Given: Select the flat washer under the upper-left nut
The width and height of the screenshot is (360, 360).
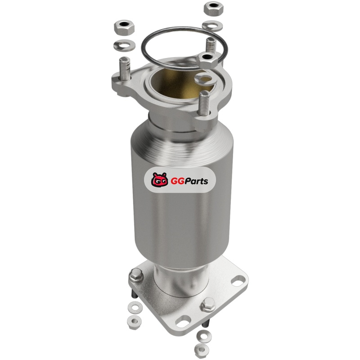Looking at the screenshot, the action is [124, 45].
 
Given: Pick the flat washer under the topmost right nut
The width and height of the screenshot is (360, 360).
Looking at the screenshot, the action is [212, 26].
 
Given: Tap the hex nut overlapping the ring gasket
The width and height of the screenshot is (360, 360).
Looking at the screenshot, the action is [207, 60].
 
